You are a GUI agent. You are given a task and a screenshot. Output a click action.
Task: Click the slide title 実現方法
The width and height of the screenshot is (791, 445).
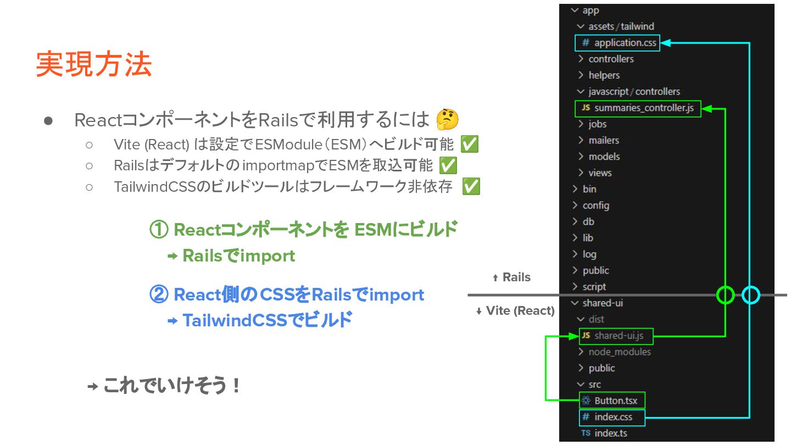[93, 65]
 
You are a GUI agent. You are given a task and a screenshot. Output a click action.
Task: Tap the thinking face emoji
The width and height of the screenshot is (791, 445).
[447, 119]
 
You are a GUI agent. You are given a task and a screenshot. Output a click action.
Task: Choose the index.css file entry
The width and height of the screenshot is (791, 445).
[612, 418]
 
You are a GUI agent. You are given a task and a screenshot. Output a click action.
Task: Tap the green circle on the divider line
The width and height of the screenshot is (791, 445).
[726, 295]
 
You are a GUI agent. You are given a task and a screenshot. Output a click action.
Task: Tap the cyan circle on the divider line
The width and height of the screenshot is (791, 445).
[750, 295]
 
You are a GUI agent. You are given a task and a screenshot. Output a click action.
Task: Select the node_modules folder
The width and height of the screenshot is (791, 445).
[619, 352]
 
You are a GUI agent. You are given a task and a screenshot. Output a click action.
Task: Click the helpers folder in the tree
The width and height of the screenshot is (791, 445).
[604, 75]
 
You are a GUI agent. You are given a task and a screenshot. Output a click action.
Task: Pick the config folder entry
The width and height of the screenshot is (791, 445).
[595, 205]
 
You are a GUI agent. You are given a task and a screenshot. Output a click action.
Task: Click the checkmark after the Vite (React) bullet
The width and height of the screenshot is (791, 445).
[469, 144]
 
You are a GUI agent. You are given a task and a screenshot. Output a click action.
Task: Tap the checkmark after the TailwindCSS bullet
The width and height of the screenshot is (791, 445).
[471, 187]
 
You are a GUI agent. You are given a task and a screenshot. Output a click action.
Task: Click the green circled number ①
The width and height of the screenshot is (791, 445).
[159, 230]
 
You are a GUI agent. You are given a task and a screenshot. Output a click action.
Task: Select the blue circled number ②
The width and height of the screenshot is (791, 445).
[159, 295]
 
